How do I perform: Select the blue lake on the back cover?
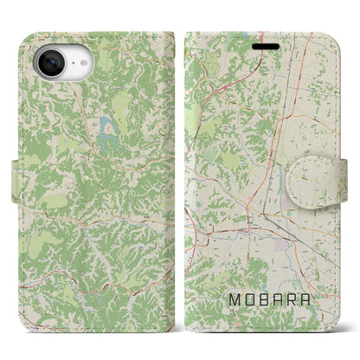pyautogui.click(x=108, y=130)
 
